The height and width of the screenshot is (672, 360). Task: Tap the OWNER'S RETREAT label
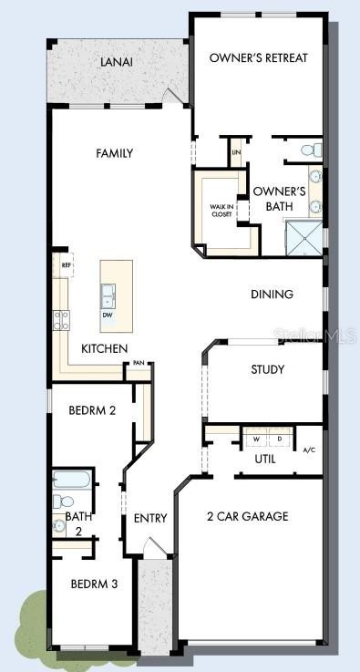258,57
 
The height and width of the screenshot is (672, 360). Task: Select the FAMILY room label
115,153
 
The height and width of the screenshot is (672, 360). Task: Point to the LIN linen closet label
237,152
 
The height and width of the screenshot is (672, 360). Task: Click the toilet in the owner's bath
307,149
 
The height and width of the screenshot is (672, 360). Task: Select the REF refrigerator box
66,265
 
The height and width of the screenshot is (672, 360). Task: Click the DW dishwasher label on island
108,315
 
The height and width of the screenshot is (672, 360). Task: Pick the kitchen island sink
108,295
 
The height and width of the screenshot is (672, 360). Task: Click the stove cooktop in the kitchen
63,319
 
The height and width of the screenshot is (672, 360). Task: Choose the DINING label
273,294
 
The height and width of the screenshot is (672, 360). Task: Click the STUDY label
267,369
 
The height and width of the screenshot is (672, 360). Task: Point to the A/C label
308,450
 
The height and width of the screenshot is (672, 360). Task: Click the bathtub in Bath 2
70,480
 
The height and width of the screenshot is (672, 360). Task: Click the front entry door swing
157,548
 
